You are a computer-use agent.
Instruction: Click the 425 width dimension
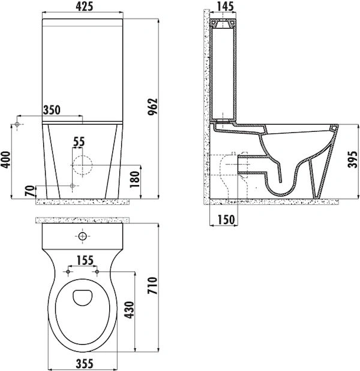pos(84,7)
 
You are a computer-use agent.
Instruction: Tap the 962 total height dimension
pos(152,107)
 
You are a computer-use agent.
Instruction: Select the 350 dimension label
pos(52,110)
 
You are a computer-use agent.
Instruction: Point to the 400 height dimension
pos(5,159)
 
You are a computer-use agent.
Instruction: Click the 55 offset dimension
pos(79,141)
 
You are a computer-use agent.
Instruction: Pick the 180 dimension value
pos(135,179)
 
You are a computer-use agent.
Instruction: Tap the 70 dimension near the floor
pos(30,191)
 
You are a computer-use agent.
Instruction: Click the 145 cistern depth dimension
pos(225,7)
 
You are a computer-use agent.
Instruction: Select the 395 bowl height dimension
pos(352,159)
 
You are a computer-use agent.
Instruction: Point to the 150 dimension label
pos(226,219)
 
